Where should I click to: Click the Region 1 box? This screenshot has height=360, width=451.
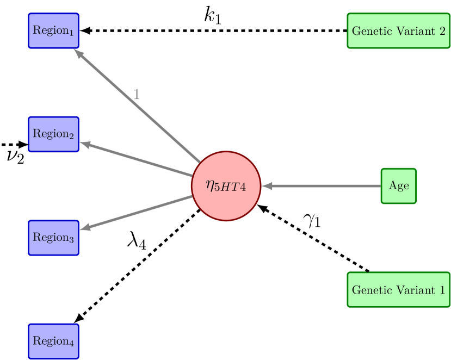53,30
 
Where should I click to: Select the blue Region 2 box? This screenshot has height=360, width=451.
53,134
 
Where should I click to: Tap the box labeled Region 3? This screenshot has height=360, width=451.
53,238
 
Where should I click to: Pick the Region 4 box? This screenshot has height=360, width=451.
53,341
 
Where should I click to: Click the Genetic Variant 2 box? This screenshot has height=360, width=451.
398,30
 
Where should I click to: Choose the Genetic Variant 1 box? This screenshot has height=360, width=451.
398,289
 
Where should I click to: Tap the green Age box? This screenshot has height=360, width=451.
398,186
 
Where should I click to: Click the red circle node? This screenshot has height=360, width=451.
226,186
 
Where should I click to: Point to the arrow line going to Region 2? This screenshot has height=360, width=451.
136,159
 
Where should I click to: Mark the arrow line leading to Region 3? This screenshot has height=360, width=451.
136,213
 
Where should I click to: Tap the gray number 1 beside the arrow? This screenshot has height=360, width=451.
137,95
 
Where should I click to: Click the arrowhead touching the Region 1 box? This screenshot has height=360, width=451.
78,54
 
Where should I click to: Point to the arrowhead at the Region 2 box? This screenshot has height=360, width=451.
84,144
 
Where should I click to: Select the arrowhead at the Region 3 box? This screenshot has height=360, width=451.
84,228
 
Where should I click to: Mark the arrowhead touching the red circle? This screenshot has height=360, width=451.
267,186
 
